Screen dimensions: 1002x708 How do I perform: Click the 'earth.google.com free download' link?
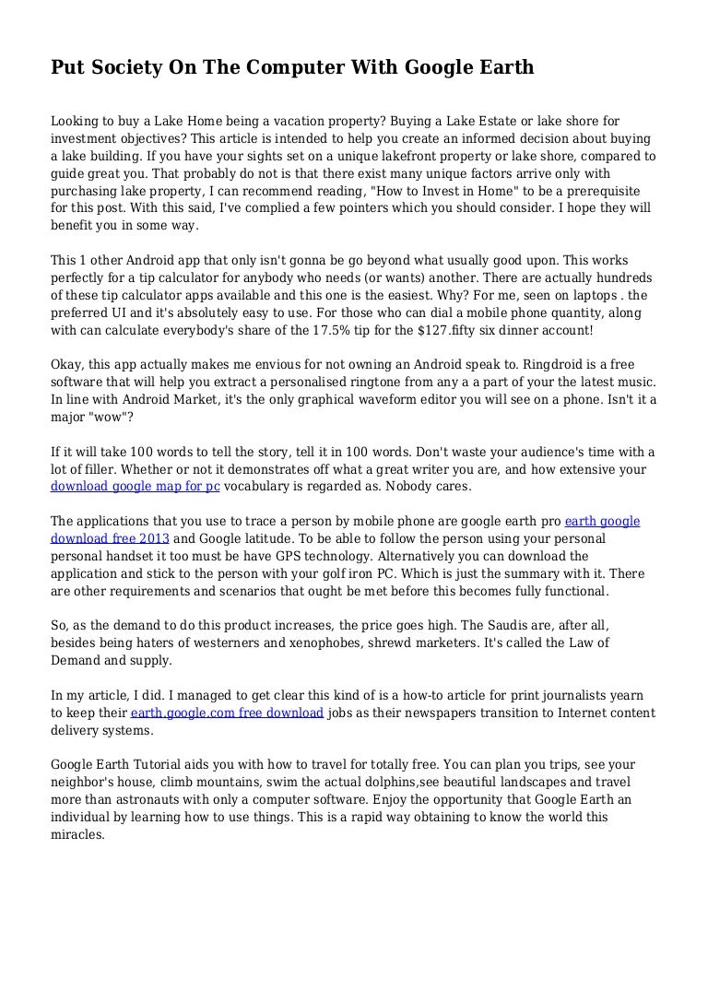tap(227, 713)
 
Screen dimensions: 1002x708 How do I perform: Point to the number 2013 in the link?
tap(154, 538)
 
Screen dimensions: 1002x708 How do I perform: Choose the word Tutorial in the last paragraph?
tap(160, 764)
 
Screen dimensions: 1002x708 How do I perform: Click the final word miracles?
tap(78, 834)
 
